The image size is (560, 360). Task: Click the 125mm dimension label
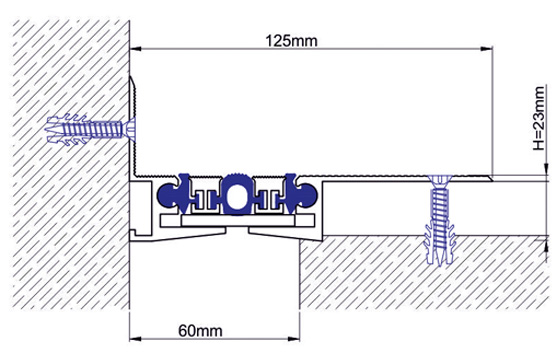coord(291,41)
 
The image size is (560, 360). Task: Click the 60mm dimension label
coord(200,331)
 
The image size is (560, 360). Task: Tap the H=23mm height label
coord(539,118)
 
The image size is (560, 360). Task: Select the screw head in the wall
coord(131,129)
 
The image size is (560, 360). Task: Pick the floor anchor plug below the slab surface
coord(440,243)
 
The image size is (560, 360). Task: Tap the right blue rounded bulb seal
coord(307,195)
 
